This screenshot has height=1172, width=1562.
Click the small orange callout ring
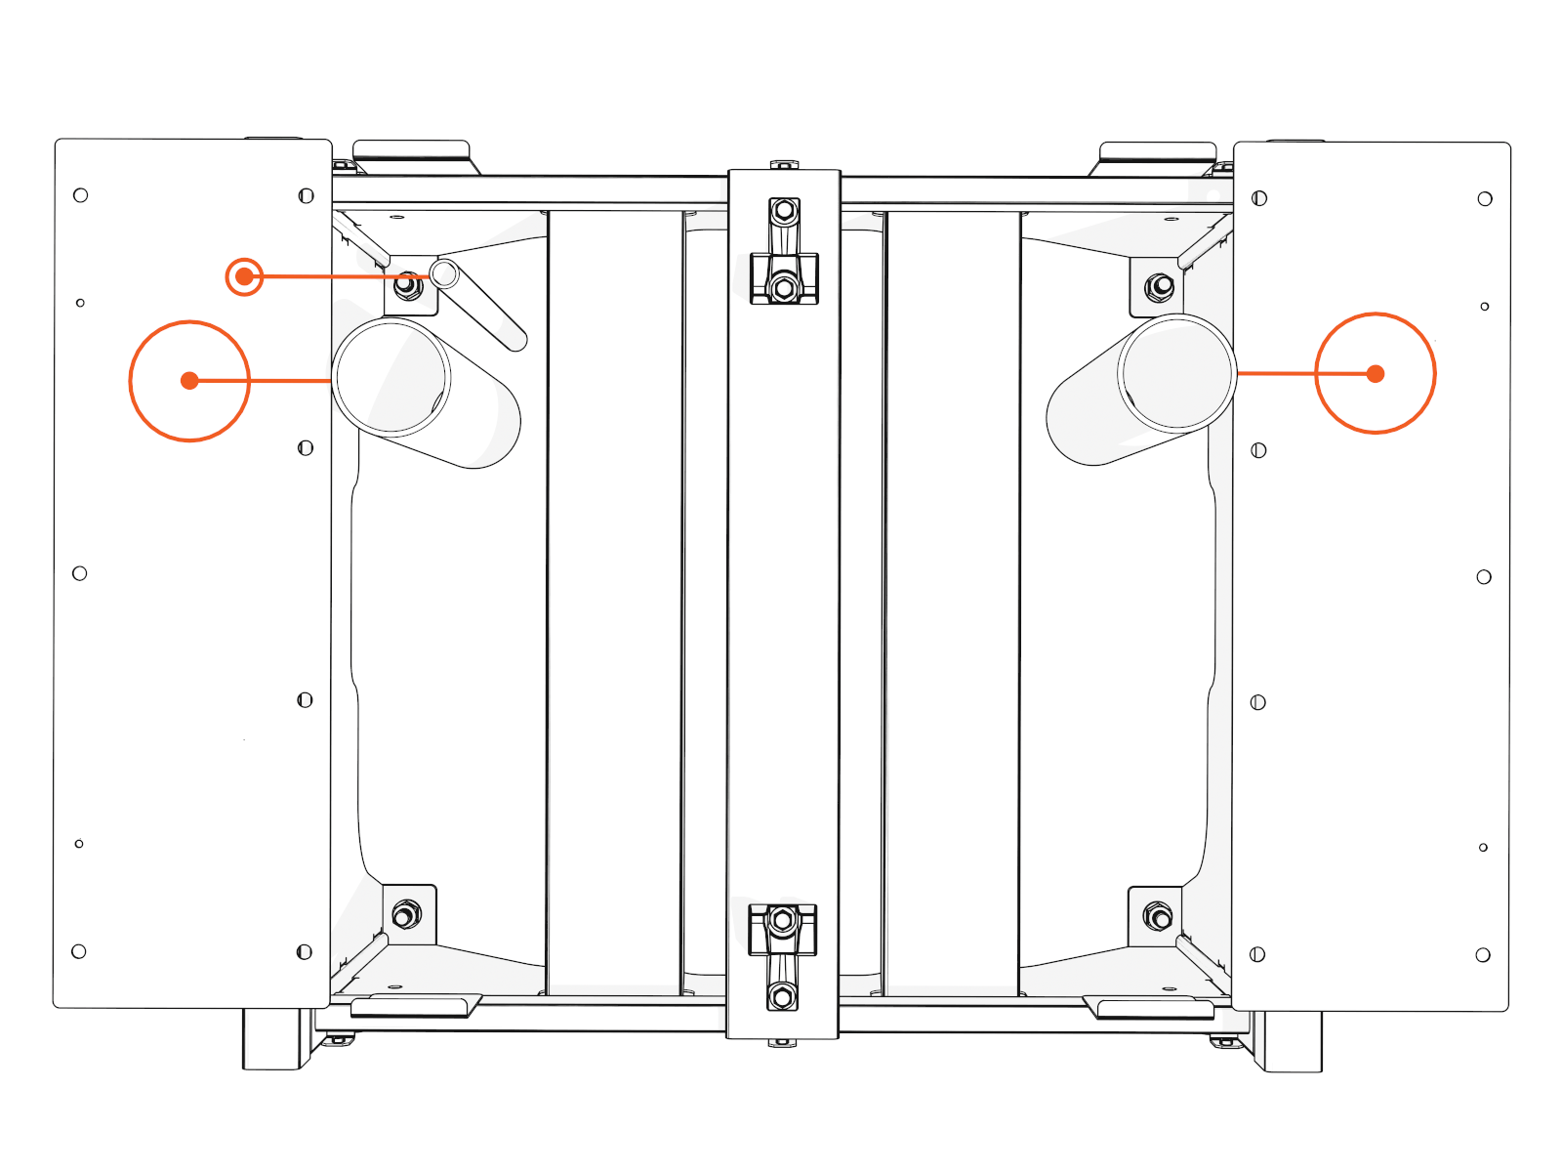click(x=244, y=276)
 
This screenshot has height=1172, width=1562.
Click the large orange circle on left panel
click(x=189, y=381)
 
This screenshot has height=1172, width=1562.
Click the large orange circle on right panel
click(x=1375, y=373)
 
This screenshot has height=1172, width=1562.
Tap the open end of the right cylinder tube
click(x=1177, y=372)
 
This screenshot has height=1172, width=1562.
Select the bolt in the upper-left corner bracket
click(x=408, y=286)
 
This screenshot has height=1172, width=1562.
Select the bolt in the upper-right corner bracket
click(x=1160, y=286)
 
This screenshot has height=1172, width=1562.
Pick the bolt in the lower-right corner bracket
click(x=1158, y=917)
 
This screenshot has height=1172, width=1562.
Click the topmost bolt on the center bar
click(x=784, y=211)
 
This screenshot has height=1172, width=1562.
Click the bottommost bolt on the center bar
click(x=781, y=997)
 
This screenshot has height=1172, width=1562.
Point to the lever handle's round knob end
click(x=444, y=273)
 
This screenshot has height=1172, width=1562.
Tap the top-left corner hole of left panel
click(x=81, y=195)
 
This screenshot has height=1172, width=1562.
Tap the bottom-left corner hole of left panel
click(x=79, y=951)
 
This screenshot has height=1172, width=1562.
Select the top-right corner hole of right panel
click(x=1484, y=199)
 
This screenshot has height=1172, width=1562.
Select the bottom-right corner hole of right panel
click(x=1482, y=954)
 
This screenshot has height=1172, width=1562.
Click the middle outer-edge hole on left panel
click(x=80, y=573)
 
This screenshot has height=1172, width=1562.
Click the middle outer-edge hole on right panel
click(x=1483, y=577)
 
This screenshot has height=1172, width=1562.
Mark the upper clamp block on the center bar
click(x=784, y=278)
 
